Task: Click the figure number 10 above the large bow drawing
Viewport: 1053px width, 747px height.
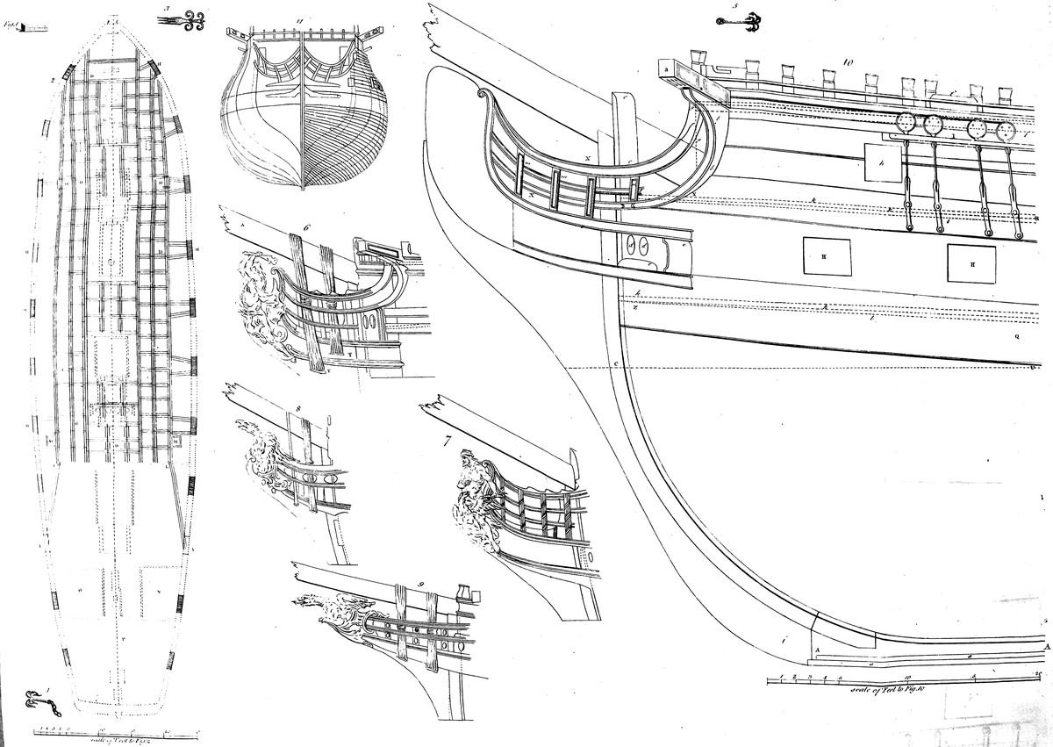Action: coord(848,63)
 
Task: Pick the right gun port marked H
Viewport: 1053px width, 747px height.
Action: coord(971,263)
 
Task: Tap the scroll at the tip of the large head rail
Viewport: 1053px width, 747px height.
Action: coord(481,94)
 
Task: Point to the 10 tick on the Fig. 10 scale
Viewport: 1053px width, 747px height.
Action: coord(906,676)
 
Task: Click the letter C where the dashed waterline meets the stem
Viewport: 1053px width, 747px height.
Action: coord(617,364)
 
